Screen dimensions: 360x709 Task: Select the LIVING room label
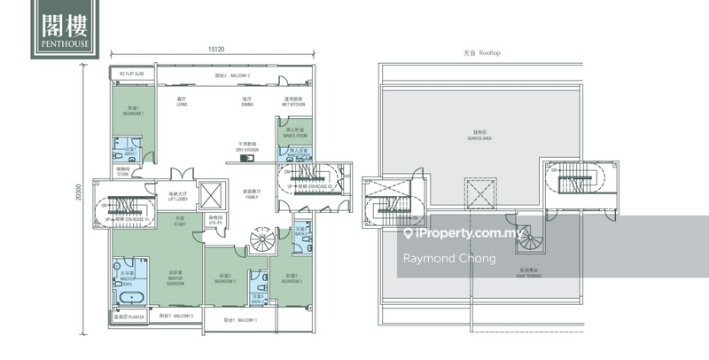point(182,102)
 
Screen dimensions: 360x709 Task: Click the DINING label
point(247,102)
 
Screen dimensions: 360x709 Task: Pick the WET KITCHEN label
point(295,102)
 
